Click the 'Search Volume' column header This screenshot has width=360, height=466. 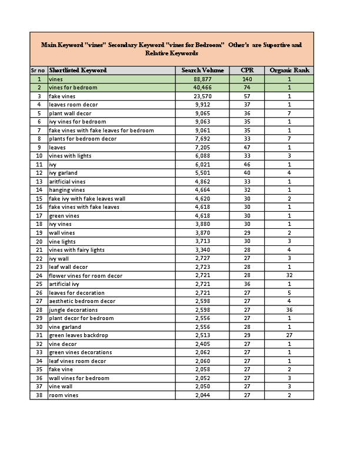tap(202, 70)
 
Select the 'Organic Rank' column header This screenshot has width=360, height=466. tap(289, 70)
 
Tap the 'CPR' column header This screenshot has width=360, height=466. tap(247, 70)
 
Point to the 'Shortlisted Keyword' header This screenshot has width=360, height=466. tap(78, 70)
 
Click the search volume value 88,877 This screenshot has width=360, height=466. tap(202, 79)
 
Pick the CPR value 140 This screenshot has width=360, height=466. tap(247, 79)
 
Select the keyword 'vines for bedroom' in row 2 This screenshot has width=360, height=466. tap(73, 88)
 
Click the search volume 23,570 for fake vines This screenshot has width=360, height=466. tap(202, 96)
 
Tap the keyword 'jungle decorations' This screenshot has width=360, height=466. tap(74, 309)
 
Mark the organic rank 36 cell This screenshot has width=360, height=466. tap(289, 309)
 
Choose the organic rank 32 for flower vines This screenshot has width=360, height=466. tap(289, 275)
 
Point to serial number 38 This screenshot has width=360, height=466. tap(39, 395)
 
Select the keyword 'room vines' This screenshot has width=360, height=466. tap(64, 395)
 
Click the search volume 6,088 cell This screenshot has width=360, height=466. tap(202, 156)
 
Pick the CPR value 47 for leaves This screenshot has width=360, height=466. tap(247, 147)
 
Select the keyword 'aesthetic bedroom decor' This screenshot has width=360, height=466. tap(82, 301)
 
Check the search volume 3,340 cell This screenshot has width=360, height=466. tap(202, 250)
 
